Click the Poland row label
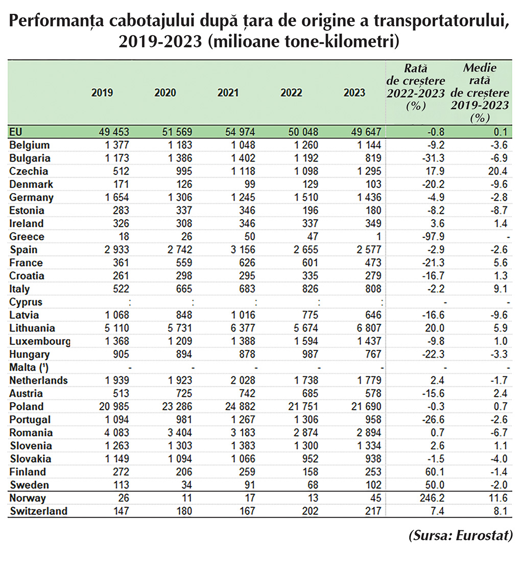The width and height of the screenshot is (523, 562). coord(27,407)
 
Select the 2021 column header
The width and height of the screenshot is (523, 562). coord(228,92)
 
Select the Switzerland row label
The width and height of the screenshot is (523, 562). coord(38,511)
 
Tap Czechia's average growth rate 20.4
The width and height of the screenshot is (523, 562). coord(497,171)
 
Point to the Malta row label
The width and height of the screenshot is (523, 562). coord(31,367)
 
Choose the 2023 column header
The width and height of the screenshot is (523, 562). coord(354,92)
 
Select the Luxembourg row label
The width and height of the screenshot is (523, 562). coord(39,341)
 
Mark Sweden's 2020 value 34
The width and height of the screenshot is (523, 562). coord(184,485)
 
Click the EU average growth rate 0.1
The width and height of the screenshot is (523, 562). coord(501,132)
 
